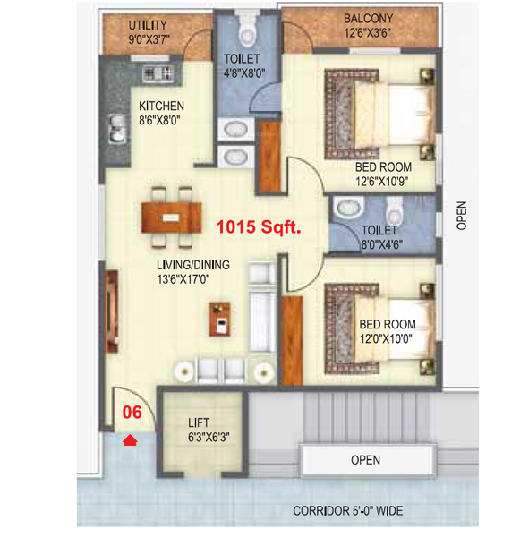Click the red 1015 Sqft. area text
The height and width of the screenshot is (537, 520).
[x=260, y=228]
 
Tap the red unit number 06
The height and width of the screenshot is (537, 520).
[x=132, y=413]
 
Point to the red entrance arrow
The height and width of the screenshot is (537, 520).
[x=132, y=439]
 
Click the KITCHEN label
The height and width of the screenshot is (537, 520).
[x=161, y=106]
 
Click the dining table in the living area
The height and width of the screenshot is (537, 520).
[x=171, y=216]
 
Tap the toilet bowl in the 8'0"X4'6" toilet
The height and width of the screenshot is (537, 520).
[x=344, y=211]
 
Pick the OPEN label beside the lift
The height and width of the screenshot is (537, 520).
[x=365, y=460]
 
